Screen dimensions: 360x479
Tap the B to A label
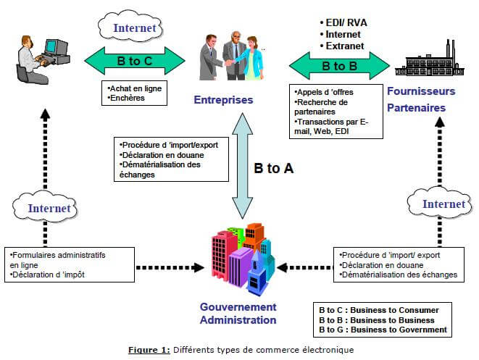click(x=273, y=168)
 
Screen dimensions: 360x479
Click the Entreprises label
click(x=223, y=99)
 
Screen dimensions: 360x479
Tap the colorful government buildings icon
click(x=243, y=256)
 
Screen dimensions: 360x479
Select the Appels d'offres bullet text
click(x=321, y=93)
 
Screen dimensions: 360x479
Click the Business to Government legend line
click(x=383, y=330)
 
